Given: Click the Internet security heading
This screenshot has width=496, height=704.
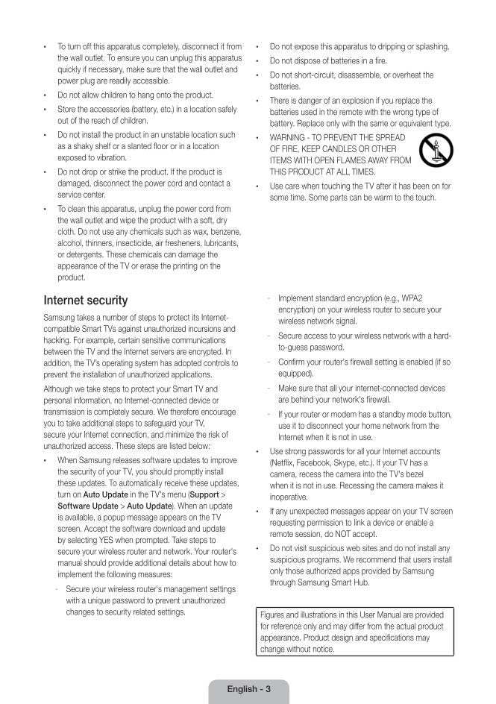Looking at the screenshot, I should click(x=86, y=301).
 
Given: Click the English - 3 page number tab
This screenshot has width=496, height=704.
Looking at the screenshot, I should click(x=248, y=689).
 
